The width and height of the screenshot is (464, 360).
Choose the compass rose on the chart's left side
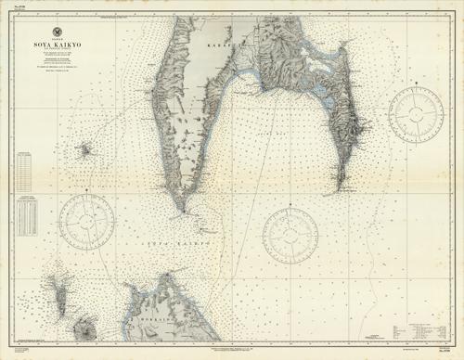pos(85,220)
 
